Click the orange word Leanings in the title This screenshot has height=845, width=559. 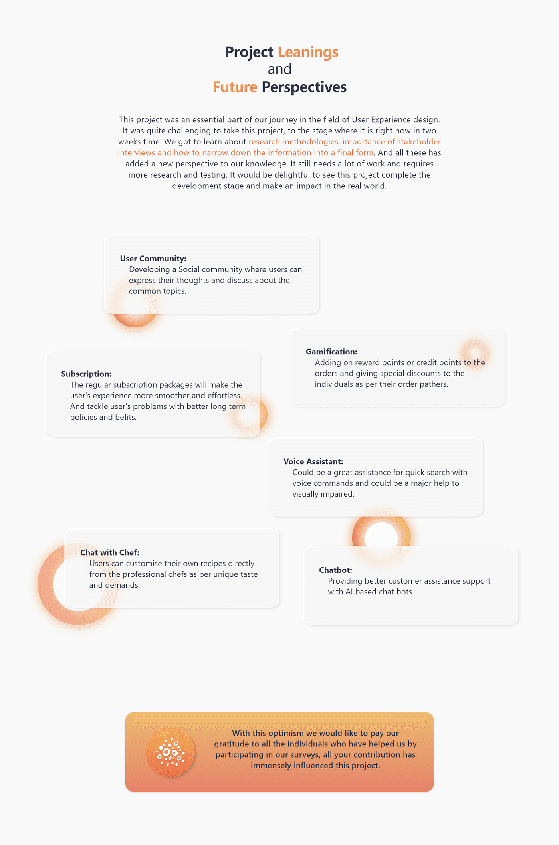pyautogui.click(x=308, y=52)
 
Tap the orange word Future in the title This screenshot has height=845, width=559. pyautogui.click(x=235, y=87)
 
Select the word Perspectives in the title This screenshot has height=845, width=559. pyautogui.click(x=304, y=87)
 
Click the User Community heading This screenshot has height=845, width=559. pyautogui.click(x=153, y=259)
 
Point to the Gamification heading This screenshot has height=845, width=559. pyautogui.click(x=331, y=352)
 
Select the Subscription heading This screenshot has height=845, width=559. pyautogui.click(x=86, y=374)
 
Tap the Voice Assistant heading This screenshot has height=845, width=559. pyautogui.click(x=313, y=461)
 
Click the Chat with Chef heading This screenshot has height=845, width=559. pyautogui.click(x=110, y=552)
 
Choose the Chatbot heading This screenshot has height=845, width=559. pyautogui.click(x=335, y=570)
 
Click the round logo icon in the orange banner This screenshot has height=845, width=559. pyautogui.click(x=170, y=752)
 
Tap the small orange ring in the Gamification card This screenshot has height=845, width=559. pyautogui.click(x=475, y=354)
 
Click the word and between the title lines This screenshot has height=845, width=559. pyautogui.click(x=279, y=69)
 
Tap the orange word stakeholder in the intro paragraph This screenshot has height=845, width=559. pyautogui.click(x=419, y=142)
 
